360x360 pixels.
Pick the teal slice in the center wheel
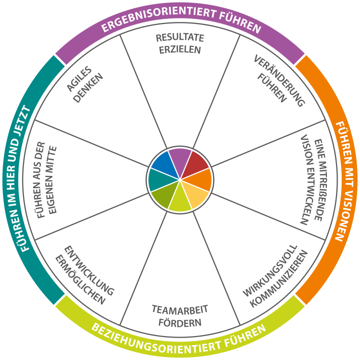pos(160,180)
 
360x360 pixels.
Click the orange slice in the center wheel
pos(200,180)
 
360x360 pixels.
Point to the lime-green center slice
pos(180,199)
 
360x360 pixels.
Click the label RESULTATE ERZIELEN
pos(180,44)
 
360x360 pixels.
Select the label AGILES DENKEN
pos(85,85)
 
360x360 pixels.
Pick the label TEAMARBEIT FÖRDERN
pos(180,316)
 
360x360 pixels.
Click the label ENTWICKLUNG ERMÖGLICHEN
pos(85,275)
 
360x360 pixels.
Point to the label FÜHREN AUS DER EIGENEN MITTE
pos(46,180)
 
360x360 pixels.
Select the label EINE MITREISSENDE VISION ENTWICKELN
pos(314,180)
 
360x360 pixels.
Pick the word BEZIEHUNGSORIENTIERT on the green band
pos(156,340)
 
